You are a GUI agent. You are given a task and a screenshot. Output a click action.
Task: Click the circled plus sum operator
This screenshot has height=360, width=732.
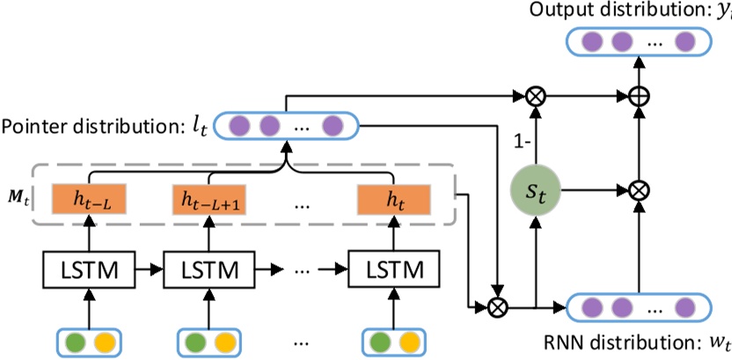click(x=640, y=92)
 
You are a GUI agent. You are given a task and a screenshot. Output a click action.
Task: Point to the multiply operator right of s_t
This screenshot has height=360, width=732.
click(x=640, y=188)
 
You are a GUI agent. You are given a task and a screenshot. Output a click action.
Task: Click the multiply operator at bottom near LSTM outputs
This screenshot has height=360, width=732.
click(x=500, y=307)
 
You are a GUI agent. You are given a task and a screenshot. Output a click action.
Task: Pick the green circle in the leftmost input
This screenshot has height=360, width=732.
click(x=75, y=342)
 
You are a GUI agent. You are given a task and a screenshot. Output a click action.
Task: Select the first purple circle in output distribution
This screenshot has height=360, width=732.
click(x=591, y=41)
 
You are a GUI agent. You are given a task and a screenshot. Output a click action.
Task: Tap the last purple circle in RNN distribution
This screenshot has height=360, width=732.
click(x=685, y=308)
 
